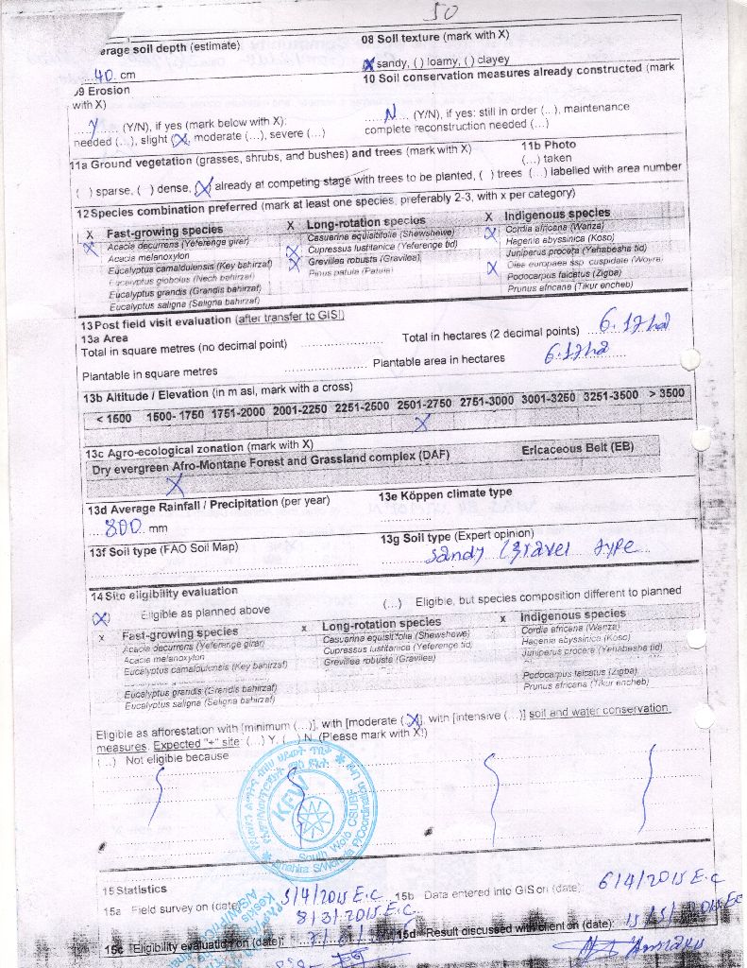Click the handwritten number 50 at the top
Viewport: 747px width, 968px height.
click(x=439, y=12)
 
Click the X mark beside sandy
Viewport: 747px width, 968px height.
click(x=369, y=63)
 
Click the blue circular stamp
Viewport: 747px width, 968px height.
click(x=307, y=799)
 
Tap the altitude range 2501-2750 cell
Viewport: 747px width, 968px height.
click(x=424, y=402)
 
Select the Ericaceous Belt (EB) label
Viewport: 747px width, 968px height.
click(x=577, y=448)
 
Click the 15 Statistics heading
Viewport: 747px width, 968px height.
click(x=134, y=890)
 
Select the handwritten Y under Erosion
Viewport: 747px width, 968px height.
click(x=93, y=124)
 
